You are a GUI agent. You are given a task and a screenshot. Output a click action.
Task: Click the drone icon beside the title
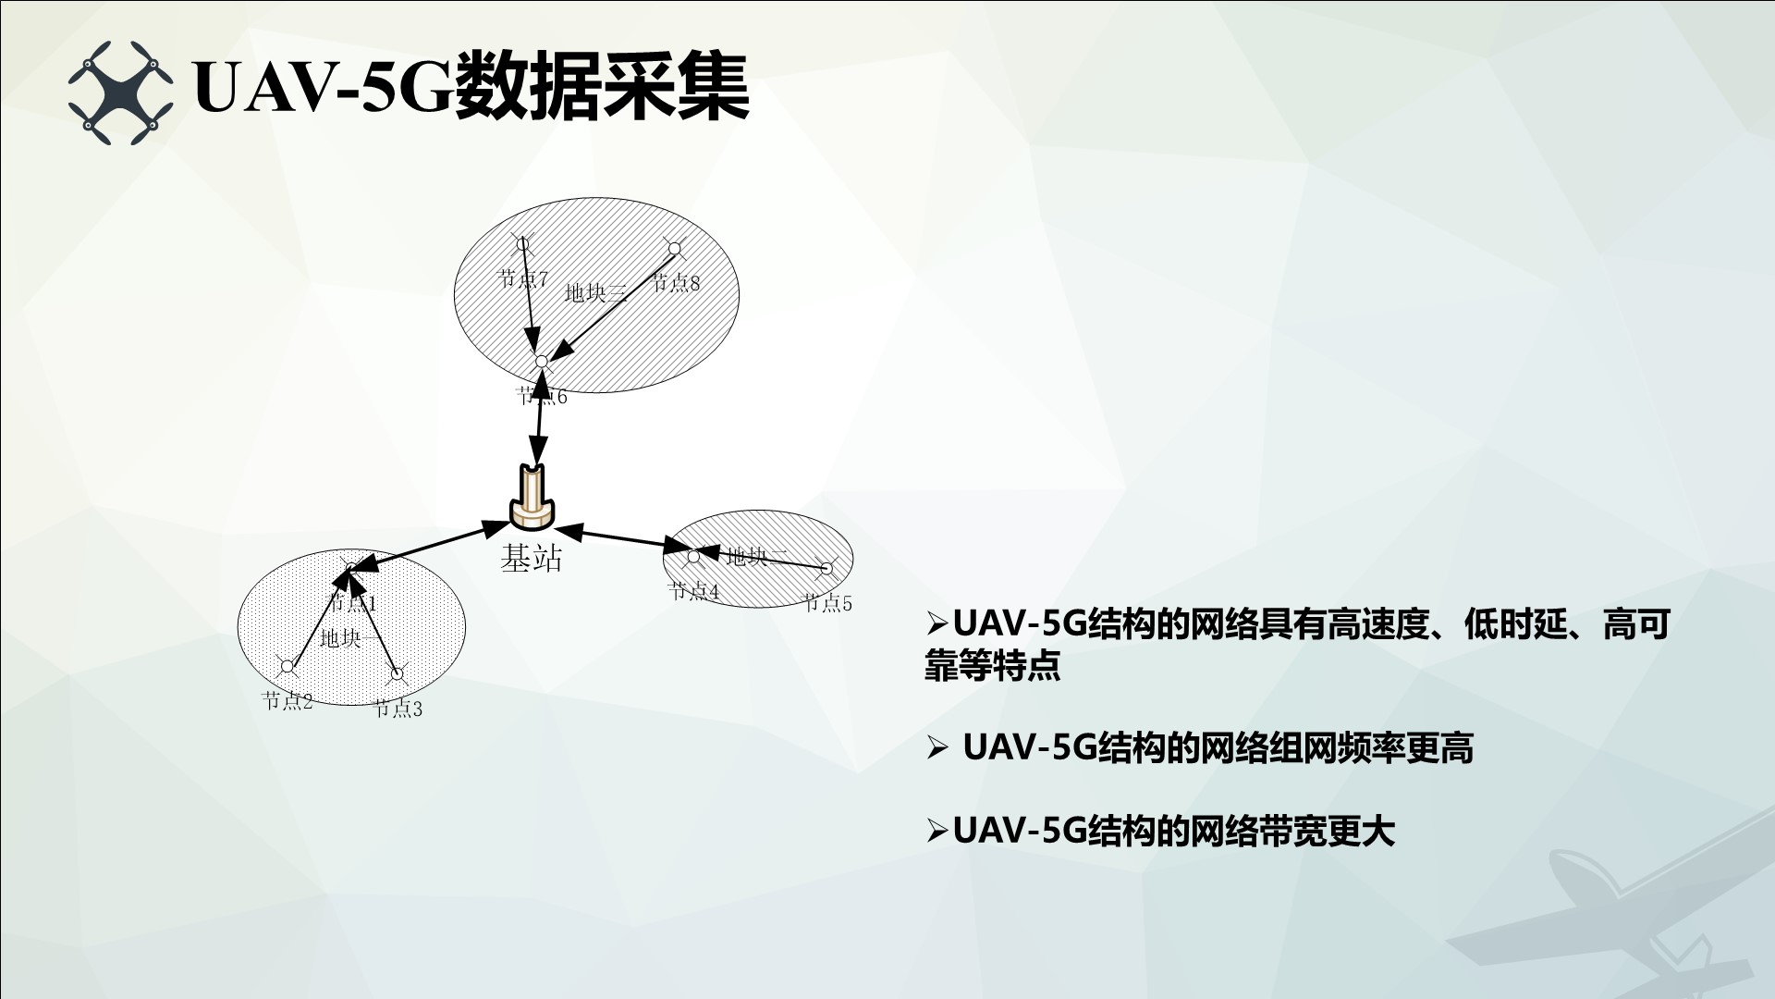(x=120, y=91)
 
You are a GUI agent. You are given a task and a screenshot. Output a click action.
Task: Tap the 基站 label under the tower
(x=532, y=558)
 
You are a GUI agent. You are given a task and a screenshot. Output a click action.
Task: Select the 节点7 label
(x=523, y=277)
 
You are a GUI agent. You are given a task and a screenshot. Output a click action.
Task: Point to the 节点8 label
(x=677, y=282)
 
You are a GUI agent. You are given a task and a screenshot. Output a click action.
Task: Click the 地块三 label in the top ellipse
(x=596, y=293)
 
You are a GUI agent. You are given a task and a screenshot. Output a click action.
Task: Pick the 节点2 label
(x=288, y=700)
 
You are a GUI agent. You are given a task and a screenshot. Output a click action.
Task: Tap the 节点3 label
(x=398, y=709)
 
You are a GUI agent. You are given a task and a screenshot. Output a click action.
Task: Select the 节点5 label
(x=827, y=603)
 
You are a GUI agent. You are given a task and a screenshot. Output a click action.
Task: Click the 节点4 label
(x=693, y=590)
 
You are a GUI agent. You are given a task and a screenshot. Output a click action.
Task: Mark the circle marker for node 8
(x=675, y=247)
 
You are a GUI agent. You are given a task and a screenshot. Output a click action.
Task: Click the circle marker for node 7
(x=522, y=243)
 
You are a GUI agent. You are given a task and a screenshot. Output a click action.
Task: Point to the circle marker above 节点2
(x=287, y=666)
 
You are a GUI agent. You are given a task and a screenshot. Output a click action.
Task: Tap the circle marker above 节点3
(x=397, y=673)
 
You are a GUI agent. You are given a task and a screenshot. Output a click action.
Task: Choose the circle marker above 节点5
(x=826, y=568)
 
